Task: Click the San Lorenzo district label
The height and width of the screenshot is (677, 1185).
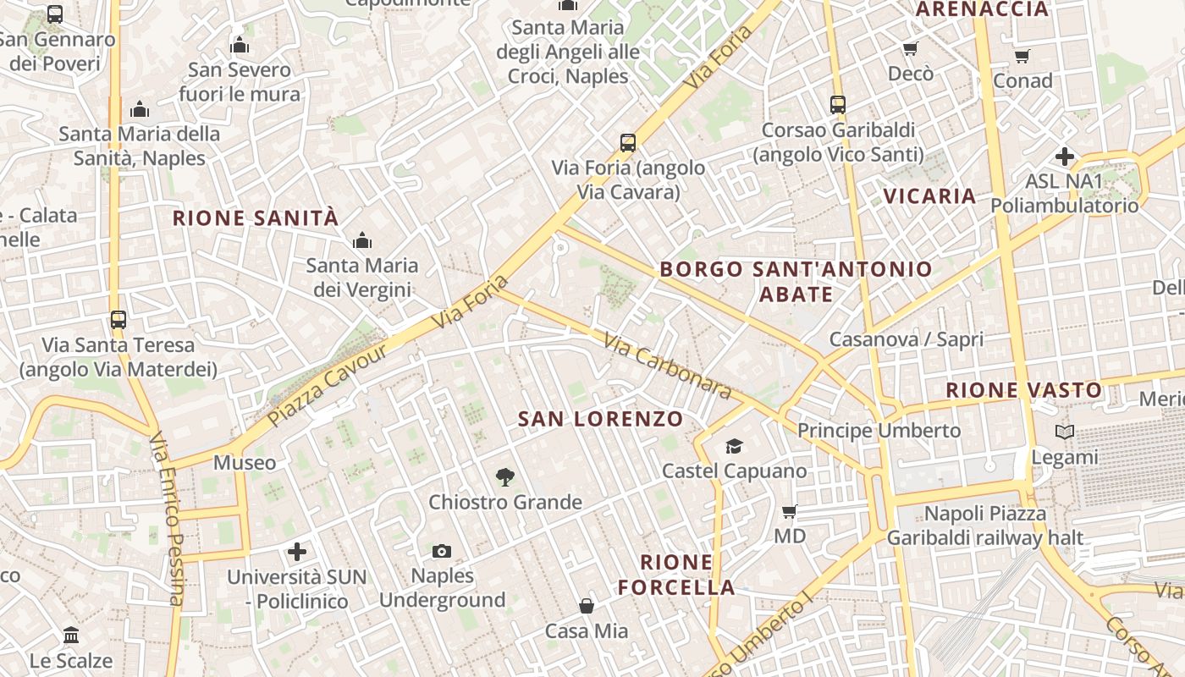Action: [x=600, y=419]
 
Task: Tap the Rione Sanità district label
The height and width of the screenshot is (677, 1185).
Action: [x=255, y=217]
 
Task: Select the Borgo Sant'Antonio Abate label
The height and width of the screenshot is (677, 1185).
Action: [x=796, y=282]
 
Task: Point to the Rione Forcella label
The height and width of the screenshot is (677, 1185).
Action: [x=676, y=575]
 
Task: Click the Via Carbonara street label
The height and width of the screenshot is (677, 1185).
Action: [x=667, y=366]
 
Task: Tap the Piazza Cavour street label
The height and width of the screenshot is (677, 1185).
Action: [x=327, y=385]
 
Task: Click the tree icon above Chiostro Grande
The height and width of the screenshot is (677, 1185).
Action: [x=505, y=477]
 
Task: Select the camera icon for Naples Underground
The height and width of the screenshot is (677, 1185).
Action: [x=441, y=552]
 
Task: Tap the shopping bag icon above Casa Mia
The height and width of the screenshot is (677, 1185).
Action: [x=587, y=606]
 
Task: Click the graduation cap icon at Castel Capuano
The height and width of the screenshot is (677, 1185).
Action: [x=734, y=446]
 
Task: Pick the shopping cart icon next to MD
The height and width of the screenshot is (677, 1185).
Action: [x=789, y=511]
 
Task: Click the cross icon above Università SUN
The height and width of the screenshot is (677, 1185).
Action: [x=297, y=553]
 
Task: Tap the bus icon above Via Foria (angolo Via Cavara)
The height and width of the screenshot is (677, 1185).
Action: [x=627, y=142]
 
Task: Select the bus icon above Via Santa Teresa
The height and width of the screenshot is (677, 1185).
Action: [x=118, y=320]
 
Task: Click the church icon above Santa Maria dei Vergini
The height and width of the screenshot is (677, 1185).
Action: [x=362, y=240]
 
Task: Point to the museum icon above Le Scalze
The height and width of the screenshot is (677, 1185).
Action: [x=71, y=636]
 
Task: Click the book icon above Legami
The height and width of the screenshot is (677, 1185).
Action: [x=1064, y=432]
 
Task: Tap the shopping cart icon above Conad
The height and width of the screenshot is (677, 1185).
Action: [x=1022, y=56]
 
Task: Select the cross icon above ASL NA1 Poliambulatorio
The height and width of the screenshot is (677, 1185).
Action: [x=1065, y=157]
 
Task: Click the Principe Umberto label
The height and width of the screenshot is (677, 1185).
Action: [x=879, y=430]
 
